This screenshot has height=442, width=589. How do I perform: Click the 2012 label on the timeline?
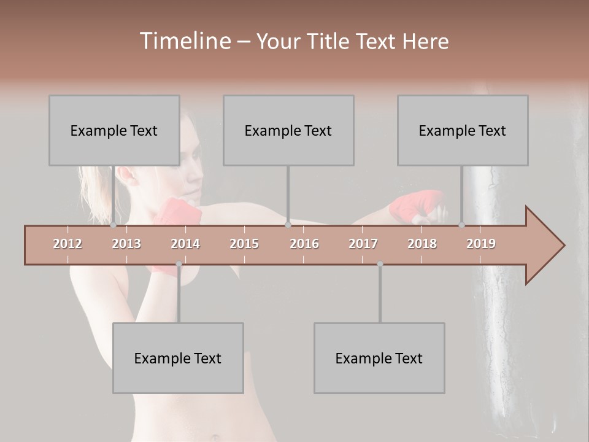(67, 244)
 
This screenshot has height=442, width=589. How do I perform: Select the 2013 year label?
(126, 244)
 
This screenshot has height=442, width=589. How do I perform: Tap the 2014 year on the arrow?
(185, 244)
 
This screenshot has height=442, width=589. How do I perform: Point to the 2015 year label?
(244, 244)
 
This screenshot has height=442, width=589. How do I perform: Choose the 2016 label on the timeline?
(304, 244)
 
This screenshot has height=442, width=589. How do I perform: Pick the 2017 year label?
(363, 244)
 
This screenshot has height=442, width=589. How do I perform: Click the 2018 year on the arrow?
(422, 244)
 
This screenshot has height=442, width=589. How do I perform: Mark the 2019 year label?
(481, 244)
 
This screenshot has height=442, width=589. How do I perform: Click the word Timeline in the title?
(183, 41)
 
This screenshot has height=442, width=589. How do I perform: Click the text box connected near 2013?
(114, 130)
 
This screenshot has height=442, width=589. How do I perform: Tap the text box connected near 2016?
(288, 130)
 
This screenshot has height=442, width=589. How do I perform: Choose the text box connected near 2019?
(463, 130)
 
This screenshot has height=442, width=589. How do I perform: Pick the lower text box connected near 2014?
(178, 358)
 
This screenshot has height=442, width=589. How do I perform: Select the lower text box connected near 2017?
(379, 358)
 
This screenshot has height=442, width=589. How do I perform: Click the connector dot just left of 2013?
(114, 225)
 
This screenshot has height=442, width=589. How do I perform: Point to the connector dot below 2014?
(179, 264)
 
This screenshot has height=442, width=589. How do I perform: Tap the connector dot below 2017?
(380, 264)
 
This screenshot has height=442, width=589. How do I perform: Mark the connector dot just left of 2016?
(288, 225)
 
